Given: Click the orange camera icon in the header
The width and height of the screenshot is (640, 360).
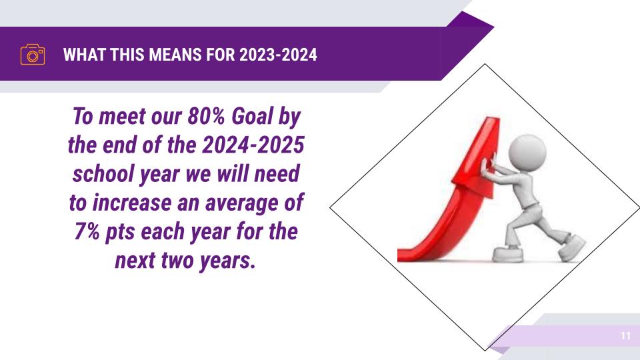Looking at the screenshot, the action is (x=33, y=55).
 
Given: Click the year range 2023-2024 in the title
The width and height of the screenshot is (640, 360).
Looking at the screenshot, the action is (x=278, y=55).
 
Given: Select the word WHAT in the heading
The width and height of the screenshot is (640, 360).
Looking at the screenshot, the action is (x=85, y=55).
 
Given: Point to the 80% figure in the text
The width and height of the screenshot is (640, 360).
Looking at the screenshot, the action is (x=206, y=116).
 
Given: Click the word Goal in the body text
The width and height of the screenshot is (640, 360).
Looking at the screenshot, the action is (x=252, y=117).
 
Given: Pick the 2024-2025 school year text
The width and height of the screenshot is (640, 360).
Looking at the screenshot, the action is (x=253, y=145).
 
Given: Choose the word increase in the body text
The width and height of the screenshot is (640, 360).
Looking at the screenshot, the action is (x=132, y=203).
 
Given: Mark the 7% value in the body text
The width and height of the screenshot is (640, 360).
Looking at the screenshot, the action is (x=87, y=231).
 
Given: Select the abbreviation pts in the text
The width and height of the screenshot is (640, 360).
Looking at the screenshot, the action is (x=121, y=232).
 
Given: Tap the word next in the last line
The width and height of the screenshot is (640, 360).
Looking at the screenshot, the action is (x=135, y=261).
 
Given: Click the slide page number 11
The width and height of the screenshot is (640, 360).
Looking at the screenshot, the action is (x=625, y=336).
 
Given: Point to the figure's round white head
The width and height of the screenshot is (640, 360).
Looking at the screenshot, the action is (x=527, y=152).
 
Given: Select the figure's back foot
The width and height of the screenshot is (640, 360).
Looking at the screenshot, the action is (x=572, y=247).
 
